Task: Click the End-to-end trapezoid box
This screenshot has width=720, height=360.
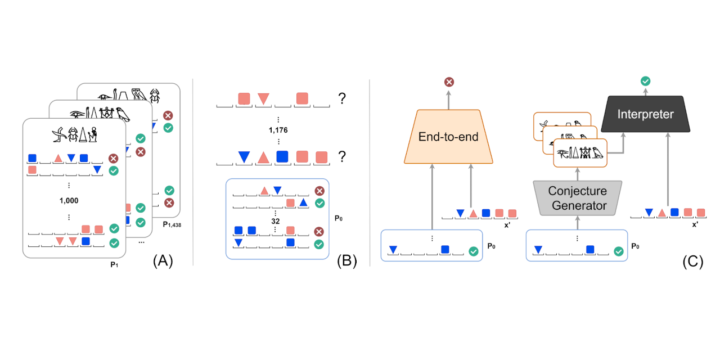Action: pyautogui.click(x=448, y=137)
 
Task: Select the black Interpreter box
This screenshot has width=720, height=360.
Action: pyautogui.click(x=645, y=114)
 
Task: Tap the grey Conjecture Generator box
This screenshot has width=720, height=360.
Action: pyautogui.click(x=579, y=198)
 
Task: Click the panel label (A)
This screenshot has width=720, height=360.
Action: pyautogui.click(x=163, y=261)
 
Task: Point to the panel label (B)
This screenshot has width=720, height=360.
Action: pyautogui.click(x=346, y=261)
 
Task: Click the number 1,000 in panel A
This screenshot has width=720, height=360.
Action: pyautogui.click(x=69, y=200)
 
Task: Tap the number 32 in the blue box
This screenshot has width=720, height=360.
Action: pyautogui.click(x=275, y=222)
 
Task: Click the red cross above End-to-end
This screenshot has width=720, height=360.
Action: pyautogui.click(x=449, y=82)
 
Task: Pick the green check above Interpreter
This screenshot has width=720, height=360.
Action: pyautogui.click(x=646, y=82)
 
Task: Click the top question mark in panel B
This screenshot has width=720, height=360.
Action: pyautogui.click(x=341, y=99)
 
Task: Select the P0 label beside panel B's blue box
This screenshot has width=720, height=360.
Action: pyautogui.click(x=338, y=218)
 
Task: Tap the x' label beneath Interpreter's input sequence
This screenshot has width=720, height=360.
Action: pyautogui.click(x=695, y=223)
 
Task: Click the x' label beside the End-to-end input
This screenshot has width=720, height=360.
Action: pyautogui.click(x=507, y=224)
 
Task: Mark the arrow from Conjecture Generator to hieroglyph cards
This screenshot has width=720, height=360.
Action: pyautogui.click(x=578, y=174)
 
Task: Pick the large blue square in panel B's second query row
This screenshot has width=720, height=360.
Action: pyautogui.click(x=282, y=156)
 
